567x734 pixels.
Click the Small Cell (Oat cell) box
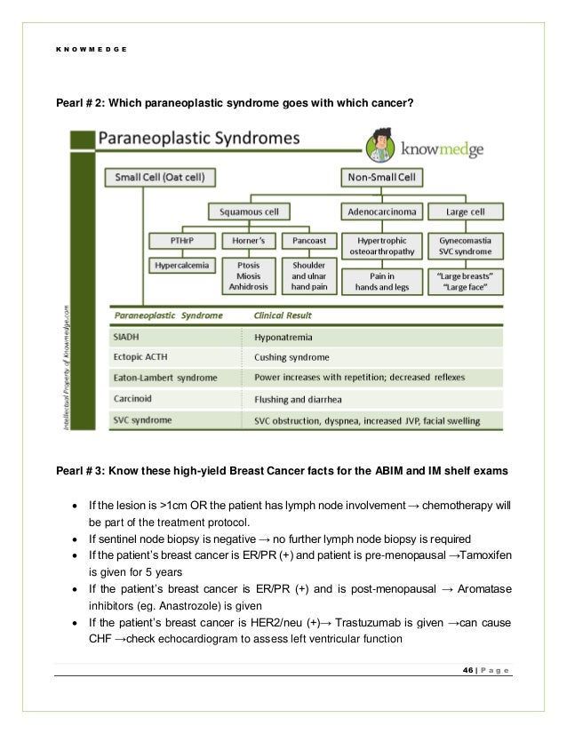(160, 178)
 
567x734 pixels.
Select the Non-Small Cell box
(379, 178)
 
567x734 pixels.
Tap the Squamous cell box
(249, 211)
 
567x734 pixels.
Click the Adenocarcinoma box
(380, 211)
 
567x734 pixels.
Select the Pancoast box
(305, 241)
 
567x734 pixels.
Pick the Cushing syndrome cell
(293, 358)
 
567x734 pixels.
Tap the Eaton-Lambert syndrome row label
(164, 379)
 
